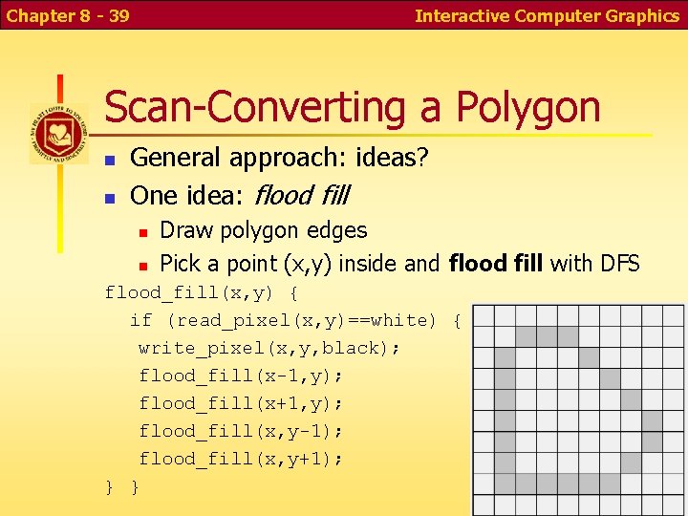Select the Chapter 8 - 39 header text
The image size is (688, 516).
67,16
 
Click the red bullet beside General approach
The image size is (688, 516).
110,160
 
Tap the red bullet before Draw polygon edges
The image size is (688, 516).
141,232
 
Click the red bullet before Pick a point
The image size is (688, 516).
141,264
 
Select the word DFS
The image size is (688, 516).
618,263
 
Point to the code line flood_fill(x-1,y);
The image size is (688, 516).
242,376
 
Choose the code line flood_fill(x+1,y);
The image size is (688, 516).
242,403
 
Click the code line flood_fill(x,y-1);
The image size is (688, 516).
242,431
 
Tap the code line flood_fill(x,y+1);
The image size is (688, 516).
242,459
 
